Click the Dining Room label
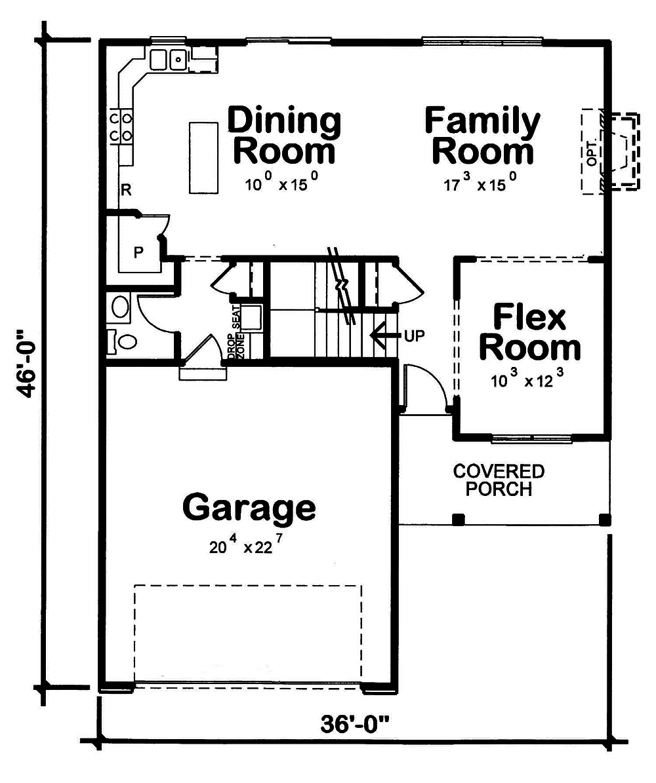coord(284,136)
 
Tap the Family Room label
coord(482,136)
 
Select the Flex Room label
coord(529,332)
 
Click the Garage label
coord(249,508)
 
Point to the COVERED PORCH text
coord(499,480)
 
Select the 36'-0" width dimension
coord(355,725)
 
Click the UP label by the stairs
coord(415,336)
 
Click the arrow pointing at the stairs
coord(384,335)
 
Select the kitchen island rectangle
coord(203,157)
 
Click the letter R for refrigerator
coord(126,191)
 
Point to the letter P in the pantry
coord(138,252)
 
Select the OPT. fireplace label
coord(592,151)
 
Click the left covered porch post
coord(459,520)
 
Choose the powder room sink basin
coord(120,307)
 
